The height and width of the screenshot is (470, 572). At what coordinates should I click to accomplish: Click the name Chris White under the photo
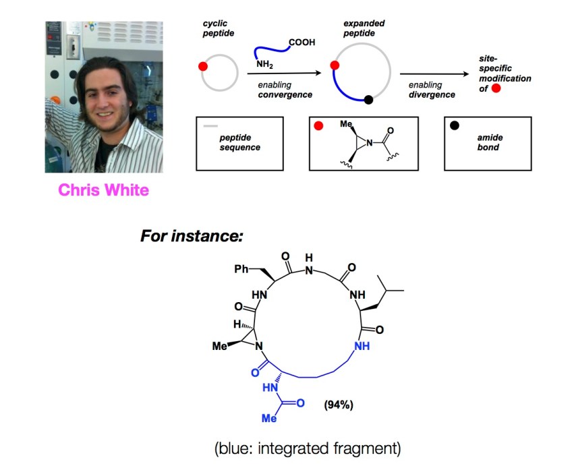[103, 189]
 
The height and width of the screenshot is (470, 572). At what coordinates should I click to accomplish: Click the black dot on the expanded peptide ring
[368, 100]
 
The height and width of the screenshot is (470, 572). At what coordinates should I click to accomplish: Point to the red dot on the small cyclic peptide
[202, 67]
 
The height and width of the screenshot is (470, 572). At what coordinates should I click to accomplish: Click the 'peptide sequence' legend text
[240, 142]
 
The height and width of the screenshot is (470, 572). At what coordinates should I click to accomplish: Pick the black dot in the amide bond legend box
[454, 126]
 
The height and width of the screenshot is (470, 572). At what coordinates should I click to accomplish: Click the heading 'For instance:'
[192, 237]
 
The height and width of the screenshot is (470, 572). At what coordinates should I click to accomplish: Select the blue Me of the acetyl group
[269, 418]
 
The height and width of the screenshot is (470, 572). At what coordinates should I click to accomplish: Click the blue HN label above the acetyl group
[269, 388]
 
